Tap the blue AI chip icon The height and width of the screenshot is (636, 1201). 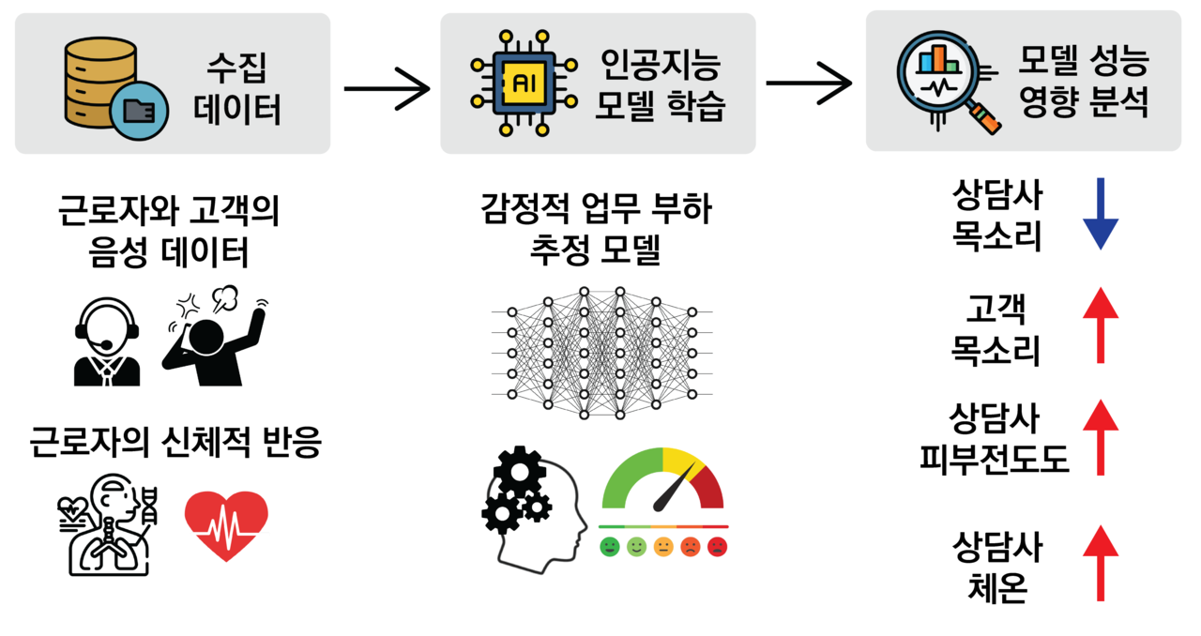point(521,83)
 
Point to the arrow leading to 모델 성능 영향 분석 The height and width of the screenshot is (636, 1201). point(808,83)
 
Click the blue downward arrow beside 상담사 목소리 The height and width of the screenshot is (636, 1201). point(1101,213)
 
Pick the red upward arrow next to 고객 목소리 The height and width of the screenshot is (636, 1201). point(1101,326)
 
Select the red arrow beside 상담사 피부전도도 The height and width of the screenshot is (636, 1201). point(1101,436)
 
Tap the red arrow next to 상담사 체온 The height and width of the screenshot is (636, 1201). point(1101,562)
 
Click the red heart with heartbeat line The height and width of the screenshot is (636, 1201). point(226,525)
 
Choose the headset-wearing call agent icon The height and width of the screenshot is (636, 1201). point(107,342)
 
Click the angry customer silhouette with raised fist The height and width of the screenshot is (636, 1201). point(214,338)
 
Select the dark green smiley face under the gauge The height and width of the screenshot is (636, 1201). point(610,545)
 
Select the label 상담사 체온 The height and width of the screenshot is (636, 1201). point(996,568)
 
